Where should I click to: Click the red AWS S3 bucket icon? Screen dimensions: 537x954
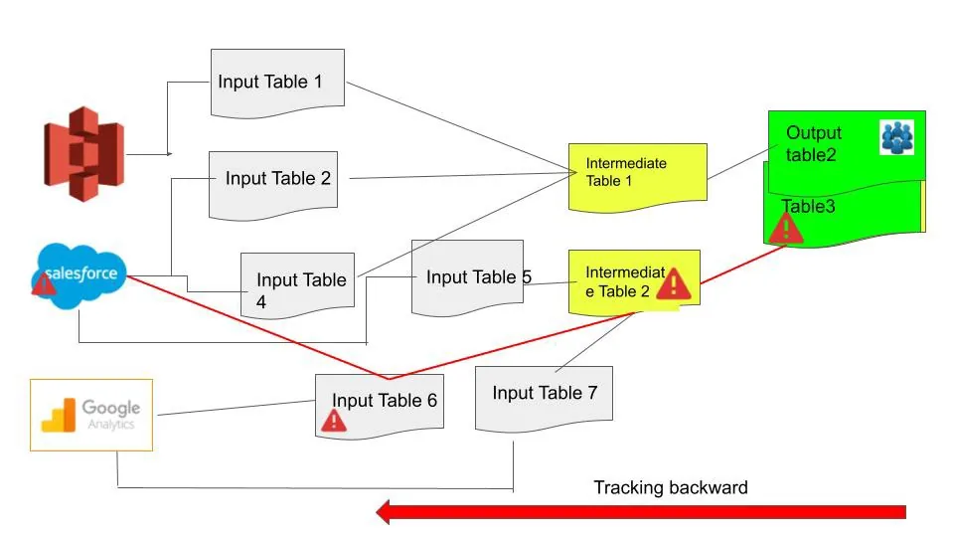coord(83,153)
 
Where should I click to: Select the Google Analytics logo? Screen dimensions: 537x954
coord(91,415)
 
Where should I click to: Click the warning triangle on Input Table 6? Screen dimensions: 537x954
coord(334,421)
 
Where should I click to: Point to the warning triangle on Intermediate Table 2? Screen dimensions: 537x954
coord(674,283)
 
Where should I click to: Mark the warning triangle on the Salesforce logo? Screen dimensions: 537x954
coord(44,285)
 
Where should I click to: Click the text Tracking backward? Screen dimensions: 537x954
coord(670,487)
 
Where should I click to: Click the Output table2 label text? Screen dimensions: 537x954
coord(813,142)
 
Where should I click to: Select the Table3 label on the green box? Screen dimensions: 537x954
coord(809,207)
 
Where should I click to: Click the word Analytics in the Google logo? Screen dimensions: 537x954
coord(110,424)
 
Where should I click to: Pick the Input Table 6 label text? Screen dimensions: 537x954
coord(384,400)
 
